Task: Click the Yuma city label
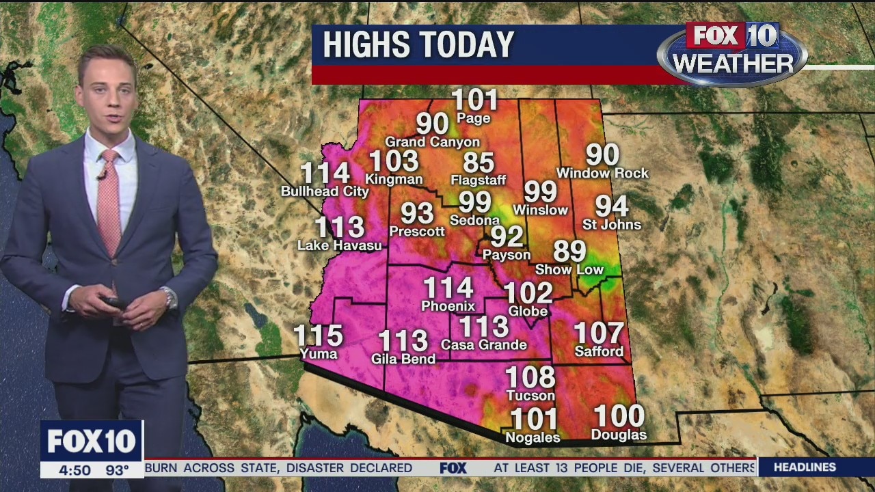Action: click(x=319, y=353)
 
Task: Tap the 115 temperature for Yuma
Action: click(x=318, y=336)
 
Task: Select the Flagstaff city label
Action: click(x=479, y=180)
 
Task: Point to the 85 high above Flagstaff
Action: click(x=479, y=163)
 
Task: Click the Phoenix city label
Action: click(x=448, y=305)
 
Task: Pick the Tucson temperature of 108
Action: click(x=530, y=377)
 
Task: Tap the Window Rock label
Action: click(x=602, y=174)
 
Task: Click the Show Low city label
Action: click(x=569, y=269)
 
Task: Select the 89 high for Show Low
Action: click(x=569, y=251)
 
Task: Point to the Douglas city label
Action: click(x=619, y=435)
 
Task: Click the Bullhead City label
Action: click(x=325, y=191)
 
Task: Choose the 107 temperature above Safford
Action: click(x=599, y=333)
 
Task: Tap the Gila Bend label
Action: click(x=403, y=358)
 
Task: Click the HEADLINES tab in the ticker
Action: click(x=805, y=467)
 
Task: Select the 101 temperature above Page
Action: click(x=475, y=100)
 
